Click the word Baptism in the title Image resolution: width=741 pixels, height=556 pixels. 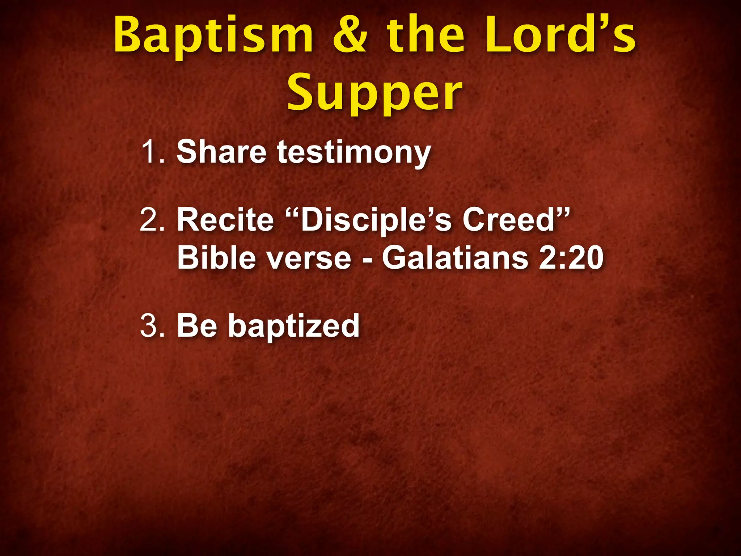213,36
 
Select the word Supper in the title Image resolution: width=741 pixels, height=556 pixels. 375,93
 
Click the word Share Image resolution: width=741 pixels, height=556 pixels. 221,152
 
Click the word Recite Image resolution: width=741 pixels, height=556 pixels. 225,220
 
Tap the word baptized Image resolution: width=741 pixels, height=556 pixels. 294,327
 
